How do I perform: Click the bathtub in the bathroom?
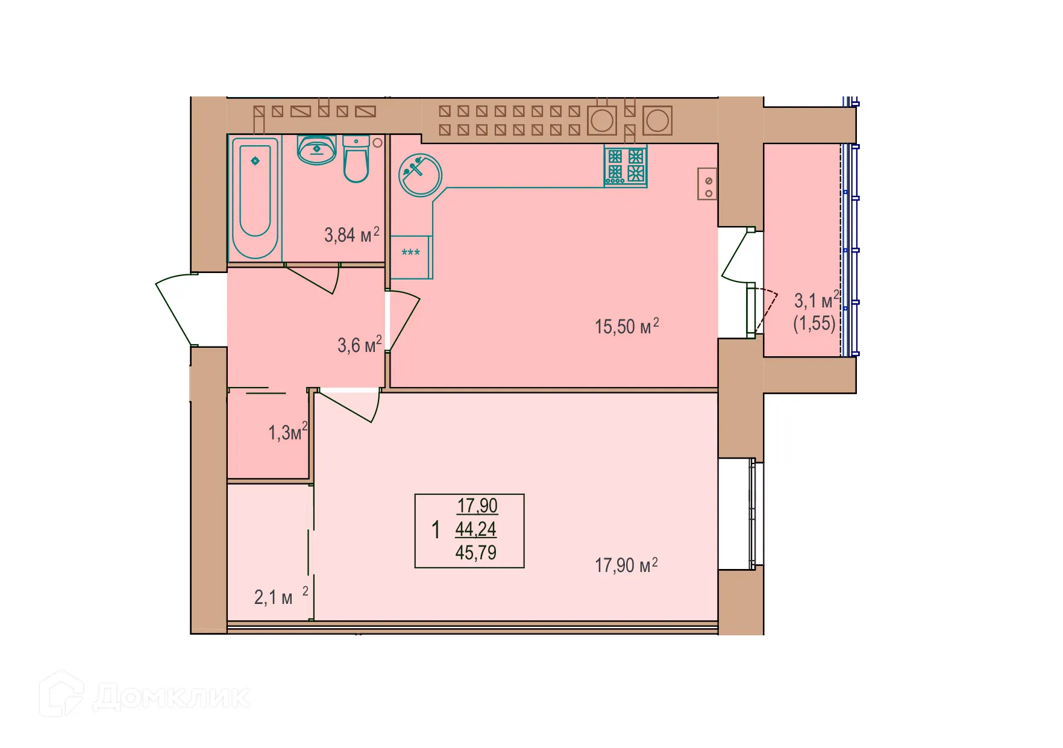255,198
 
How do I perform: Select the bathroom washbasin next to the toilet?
317,149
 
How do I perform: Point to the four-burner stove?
626,166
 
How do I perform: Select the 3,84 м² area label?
352,234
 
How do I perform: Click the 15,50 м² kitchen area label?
627,326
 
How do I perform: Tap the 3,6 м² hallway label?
359,345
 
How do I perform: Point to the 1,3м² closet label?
287,432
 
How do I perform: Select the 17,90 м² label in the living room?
626,565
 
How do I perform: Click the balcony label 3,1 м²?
816,300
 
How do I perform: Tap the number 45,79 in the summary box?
476,552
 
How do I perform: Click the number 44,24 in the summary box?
476,529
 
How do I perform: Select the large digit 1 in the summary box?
436,530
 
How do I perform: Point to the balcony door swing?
738,256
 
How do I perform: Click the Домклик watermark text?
171,697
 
